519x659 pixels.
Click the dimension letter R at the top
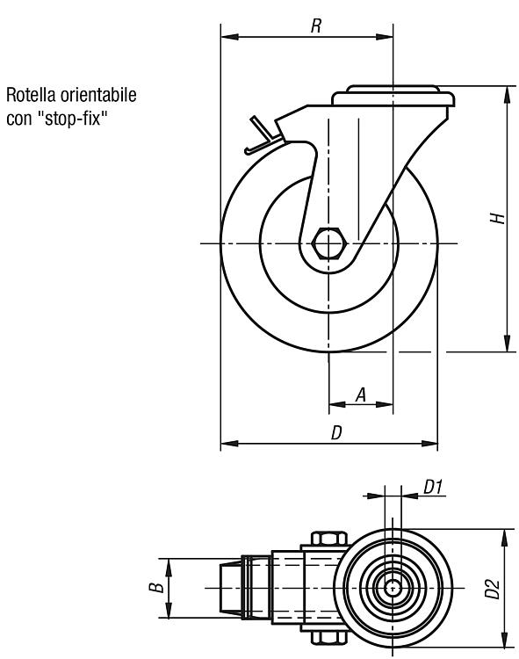coord(316,25)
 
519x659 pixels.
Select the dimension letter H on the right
coord(498,218)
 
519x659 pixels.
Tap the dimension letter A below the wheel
coord(361,395)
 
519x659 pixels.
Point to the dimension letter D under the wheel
coord(336,432)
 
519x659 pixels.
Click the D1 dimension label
coord(433,487)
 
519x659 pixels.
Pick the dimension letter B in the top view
coord(156,587)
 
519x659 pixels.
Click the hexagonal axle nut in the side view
coord(328,243)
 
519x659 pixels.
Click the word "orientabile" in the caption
coord(98,95)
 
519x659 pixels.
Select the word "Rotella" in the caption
coord(31,95)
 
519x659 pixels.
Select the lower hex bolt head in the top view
coord(329,637)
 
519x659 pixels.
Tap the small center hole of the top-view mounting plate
coord(393,588)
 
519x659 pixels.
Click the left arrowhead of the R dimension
coord(229,37)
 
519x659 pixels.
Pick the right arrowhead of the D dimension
coord(429,444)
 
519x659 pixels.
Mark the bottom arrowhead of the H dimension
coord(508,343)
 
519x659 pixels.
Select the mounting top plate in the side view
coord(393,96)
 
